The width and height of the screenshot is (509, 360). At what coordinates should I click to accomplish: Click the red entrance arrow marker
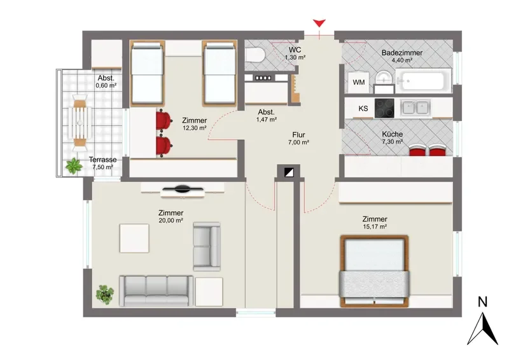(x=319, y=24)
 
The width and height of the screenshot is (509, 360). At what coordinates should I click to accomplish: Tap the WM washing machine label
(x=359, y=83)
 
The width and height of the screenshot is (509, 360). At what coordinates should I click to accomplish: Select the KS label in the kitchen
(x=363, y=108)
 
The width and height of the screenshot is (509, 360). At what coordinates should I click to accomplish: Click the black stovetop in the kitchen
(x=384, y=108)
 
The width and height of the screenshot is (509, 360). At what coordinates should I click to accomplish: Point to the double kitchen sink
(x=415, y=107)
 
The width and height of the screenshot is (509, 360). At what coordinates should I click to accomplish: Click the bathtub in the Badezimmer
(x=423, y=81)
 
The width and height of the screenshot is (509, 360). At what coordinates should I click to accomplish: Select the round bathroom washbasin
(x=384, y=78)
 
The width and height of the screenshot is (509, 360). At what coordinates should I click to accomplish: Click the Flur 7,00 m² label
(x=298, y=138)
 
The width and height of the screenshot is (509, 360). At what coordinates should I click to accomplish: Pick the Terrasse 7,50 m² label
(x=102, y=163)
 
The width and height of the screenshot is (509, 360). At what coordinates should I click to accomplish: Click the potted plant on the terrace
(x=74, y=166)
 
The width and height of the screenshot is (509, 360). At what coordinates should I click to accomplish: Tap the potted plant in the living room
(x=105, y=294)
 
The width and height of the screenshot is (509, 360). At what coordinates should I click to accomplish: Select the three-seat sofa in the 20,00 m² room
(x=157, y=291)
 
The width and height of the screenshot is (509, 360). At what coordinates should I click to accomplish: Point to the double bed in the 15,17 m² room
(x=374, y=271)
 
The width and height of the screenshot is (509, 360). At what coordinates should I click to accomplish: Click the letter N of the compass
(x=483, y=302)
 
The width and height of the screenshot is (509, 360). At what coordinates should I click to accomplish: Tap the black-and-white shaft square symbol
(x=289, y=172)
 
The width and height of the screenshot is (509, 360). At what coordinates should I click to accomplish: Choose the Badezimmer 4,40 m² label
(x=402, y=56)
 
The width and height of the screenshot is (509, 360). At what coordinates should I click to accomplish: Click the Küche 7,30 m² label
(x=393, y=137)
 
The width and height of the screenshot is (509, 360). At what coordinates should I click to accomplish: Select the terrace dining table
(x=80, y=123)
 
